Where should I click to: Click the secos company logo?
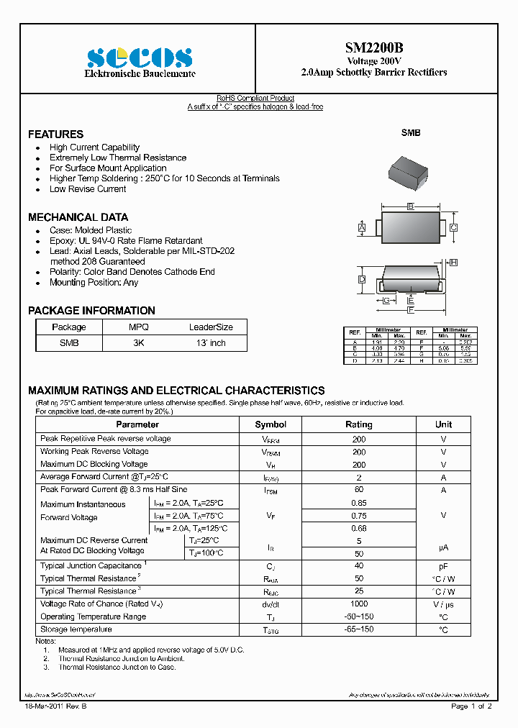click(140, 58)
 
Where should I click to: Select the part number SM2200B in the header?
click(373, 48)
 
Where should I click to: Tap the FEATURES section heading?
click(55, 135)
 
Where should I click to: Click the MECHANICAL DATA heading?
click(78, 217)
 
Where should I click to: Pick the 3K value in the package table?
click(138, 343)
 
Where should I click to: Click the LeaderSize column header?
click(211, 327)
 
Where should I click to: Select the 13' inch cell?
click(211, 343)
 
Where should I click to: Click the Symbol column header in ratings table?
click(271, 424)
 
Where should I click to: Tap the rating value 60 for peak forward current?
click(358, 490)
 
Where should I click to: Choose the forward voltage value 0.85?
click(358, 503)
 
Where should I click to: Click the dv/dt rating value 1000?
click(358, 605)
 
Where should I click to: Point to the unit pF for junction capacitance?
click(443, 567)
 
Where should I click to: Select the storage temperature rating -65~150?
click(358, 629)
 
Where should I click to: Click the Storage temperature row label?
click(76, 629)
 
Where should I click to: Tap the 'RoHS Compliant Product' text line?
click(255, 99)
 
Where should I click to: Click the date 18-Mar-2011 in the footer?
click(45, 706)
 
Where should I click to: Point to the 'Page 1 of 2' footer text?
click(471, 706)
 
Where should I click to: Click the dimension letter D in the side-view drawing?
click(362, 279)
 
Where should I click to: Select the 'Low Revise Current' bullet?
click(88, 189)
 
